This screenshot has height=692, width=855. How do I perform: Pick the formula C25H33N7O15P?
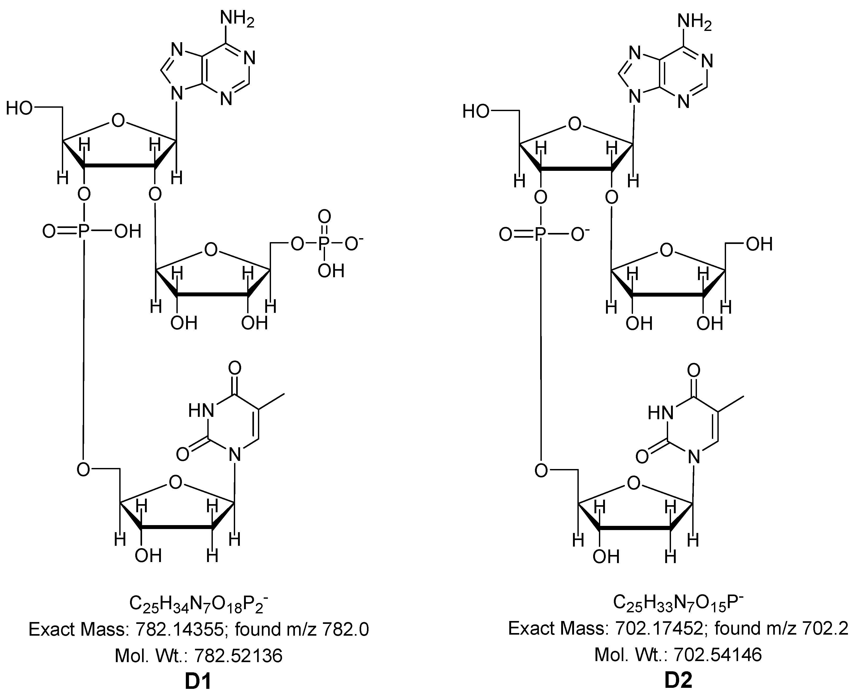click(x=678, y=603)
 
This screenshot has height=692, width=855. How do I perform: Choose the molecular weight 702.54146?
click(x=718, y=655)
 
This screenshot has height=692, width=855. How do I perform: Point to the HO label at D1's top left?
click(x=19, y=108)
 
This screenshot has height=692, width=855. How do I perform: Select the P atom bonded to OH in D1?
click(x=83, y=231)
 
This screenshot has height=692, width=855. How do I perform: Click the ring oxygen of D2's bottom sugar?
click(x=633, y=483)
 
